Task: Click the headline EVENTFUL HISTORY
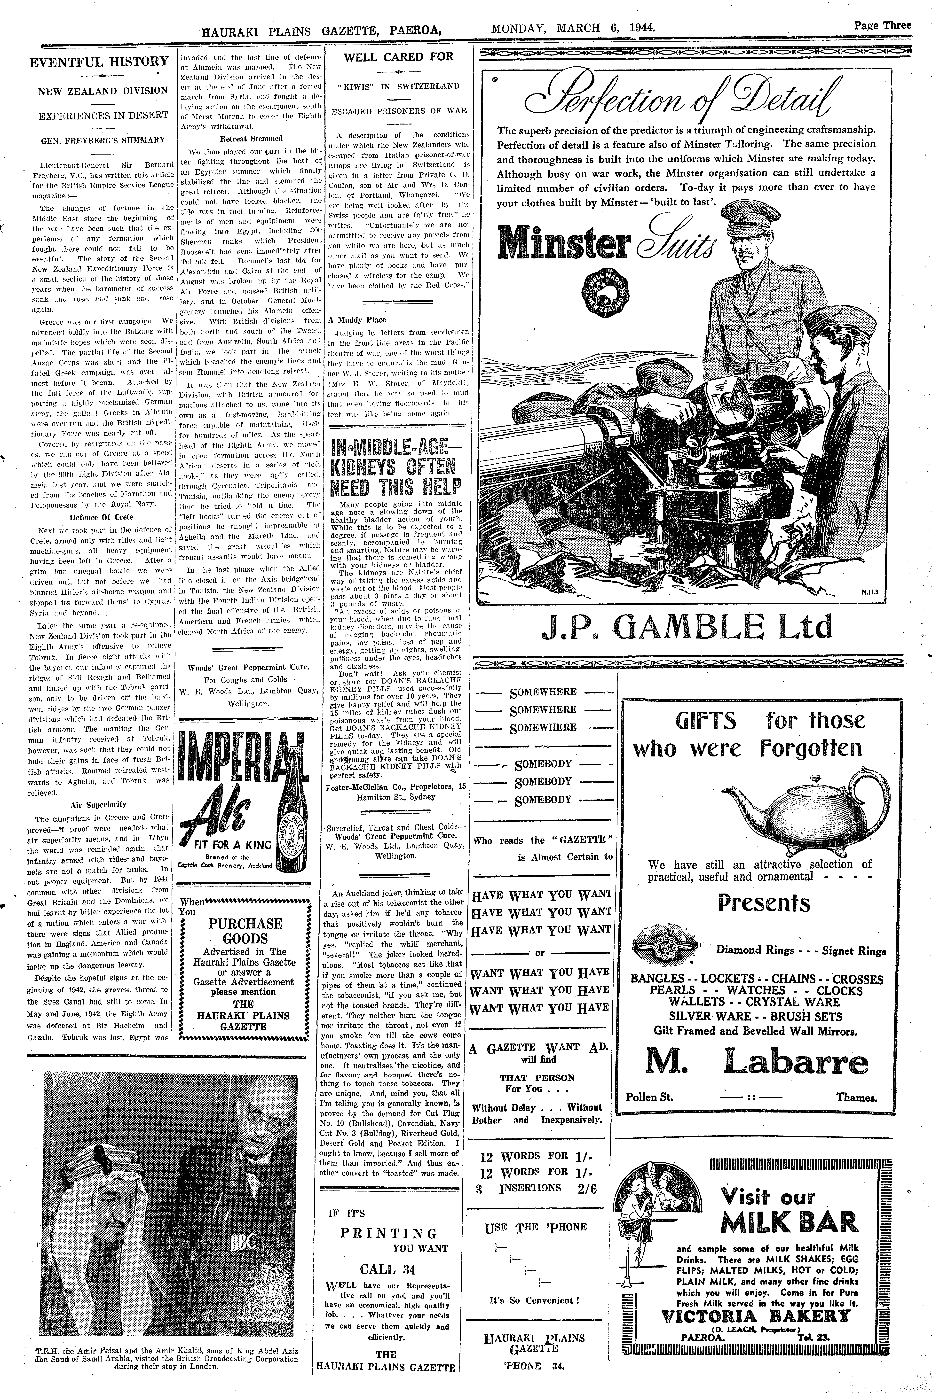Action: click(x=99, y=62)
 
